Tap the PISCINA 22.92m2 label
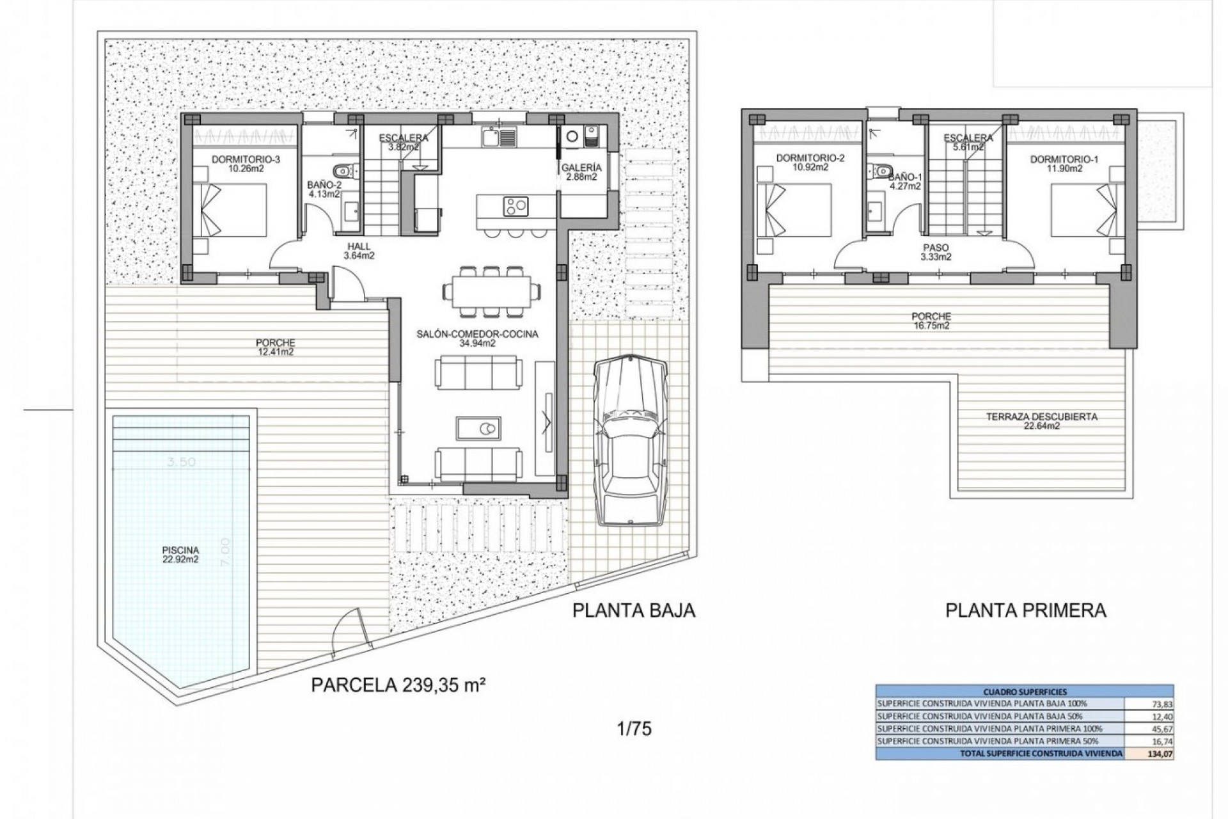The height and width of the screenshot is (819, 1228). tap(181, 554)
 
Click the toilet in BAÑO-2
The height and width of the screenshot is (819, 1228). tap(345, 170)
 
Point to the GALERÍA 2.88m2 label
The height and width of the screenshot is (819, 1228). tap(581, 172)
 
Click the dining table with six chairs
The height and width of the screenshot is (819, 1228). tap(491, 291)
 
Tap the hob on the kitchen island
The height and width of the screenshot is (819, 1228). tap(516, 205)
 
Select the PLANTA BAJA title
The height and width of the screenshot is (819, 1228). tap(633, 610)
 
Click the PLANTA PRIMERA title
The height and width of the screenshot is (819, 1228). tap(1026, 610)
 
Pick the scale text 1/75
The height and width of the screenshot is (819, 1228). tap(634, 728)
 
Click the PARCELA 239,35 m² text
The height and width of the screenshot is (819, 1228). tap(397, 685)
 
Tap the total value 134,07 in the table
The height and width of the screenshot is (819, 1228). tap(1160, 754)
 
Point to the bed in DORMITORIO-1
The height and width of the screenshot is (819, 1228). tap(1087, 211)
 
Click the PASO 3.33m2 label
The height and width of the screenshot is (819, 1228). tap(936, 252)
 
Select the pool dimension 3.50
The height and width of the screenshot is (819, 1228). tap(180, 462)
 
